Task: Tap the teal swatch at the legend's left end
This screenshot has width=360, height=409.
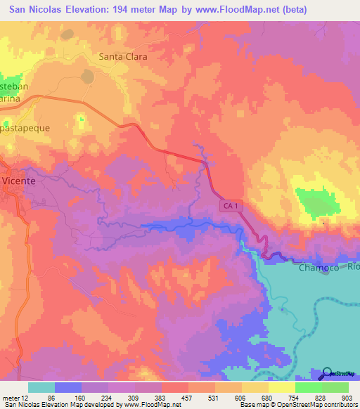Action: coord(41,387)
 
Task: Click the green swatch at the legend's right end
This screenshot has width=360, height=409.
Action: coord(335,387)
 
